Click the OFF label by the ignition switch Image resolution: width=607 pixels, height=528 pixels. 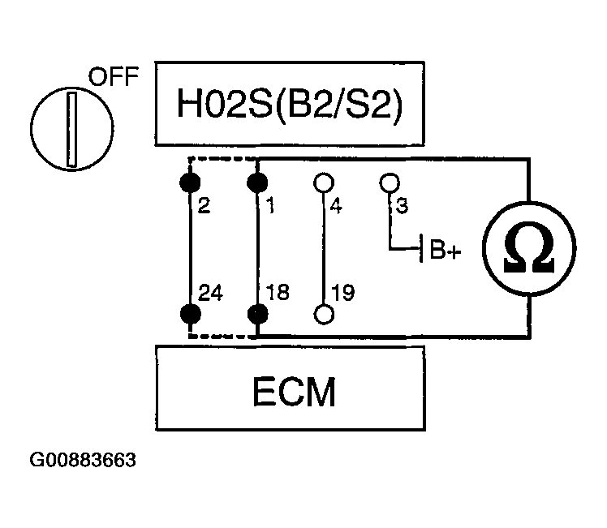(114, 76)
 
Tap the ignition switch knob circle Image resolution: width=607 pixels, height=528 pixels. (72, 88)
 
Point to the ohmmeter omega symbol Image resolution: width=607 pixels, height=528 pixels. (529, 247)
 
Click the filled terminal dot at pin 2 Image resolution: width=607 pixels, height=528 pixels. (190, 182)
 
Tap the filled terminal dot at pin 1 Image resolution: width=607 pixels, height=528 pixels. (257, 182)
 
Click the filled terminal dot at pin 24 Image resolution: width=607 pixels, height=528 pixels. (191, 314)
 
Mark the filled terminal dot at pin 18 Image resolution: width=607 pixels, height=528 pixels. (257, 314)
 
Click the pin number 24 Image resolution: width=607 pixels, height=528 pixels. (210, 293)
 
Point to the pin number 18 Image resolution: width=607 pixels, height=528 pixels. (278, 293)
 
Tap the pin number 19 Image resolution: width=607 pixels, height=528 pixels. (343, 293)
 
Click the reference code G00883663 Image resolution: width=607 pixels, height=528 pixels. (83, 460)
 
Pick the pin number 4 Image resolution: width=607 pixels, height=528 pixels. (336, 205)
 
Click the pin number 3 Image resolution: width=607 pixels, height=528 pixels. (402, 205)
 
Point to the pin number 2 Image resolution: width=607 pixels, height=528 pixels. (204, 205)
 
